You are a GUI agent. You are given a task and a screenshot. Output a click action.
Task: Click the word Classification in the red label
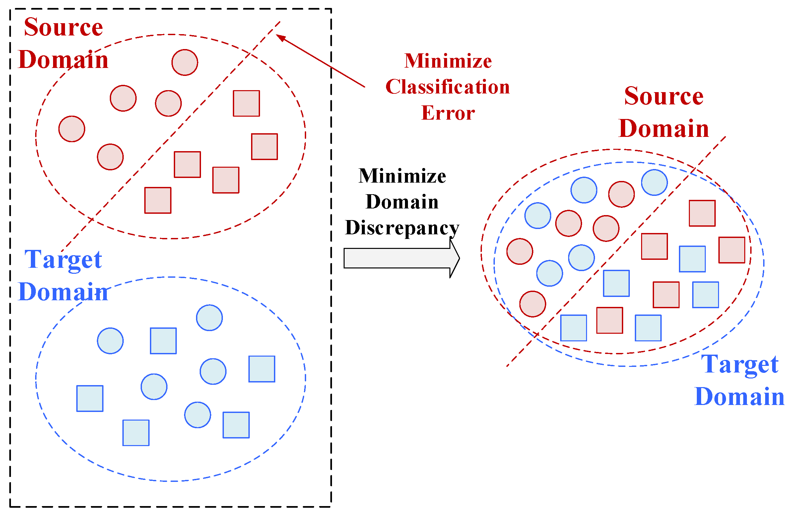(x=447, y=87)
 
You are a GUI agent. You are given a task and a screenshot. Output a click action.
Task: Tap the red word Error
(x=448, y=113)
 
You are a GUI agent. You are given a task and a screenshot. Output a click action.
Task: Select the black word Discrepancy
(x=402, y=228)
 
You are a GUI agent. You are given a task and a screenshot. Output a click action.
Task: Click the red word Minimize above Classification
(x=448, y=61)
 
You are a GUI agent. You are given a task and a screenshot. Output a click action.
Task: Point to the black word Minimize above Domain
(x=402, y=176)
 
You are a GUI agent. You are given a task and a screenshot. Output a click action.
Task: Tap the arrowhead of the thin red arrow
(x=281, y=37)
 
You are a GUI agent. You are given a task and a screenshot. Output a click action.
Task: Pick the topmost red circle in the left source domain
(x=185, y=63)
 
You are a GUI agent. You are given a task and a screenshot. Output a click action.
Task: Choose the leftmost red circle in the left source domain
(x=72, y=129)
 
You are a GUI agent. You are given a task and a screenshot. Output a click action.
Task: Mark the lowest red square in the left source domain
(x=158, y=200)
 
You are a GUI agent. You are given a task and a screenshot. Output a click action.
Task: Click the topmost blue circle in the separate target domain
(x=209, y=318)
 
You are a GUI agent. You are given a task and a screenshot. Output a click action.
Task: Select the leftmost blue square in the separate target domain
(x=90, y=399)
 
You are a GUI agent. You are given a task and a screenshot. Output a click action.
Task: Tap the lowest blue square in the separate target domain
(x=136, y=433)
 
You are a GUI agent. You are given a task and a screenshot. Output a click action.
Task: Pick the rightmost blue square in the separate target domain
(x=262, y=369)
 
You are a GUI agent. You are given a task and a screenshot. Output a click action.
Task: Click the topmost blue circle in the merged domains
(x=654, y=182)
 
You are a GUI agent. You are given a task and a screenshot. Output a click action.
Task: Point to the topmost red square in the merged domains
(x=702, y=213)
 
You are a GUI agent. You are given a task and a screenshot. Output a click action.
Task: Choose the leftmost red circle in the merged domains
(x=519, y=251)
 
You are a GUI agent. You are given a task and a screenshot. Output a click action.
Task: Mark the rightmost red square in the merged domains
(x=732, y=250)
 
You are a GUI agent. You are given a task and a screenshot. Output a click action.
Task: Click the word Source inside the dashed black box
(x=63, y=27)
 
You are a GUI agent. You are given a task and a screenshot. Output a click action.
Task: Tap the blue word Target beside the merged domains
(x=740, y=364)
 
